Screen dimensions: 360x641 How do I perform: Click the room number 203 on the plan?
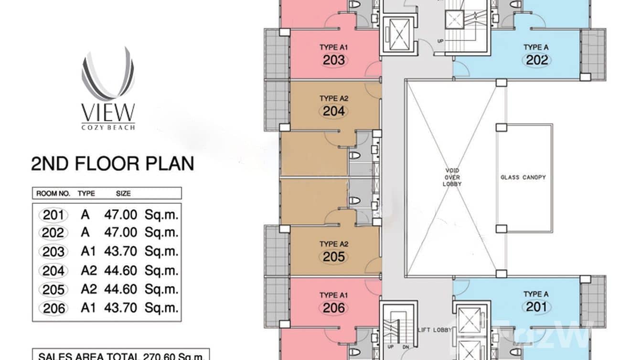click(x=334, y=60)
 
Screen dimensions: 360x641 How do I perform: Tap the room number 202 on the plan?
click(x=537, y=60)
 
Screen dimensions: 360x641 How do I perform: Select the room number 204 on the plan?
click(x=333, y=111)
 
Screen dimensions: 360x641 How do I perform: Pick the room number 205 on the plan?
click(x=333, y=257)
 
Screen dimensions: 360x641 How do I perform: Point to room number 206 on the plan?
click(x=333, y=308)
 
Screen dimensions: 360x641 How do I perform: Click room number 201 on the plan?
click(x=536, y=307)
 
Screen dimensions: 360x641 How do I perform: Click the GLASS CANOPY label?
click(x=523, y=177)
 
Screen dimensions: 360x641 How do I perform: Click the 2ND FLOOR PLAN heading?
click(x=112, y=164)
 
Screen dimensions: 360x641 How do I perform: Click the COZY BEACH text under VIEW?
click(x=108, y=127)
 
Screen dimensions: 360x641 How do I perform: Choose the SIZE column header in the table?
click(x=123, y=193)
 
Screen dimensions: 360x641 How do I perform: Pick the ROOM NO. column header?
click(x=53, y=193)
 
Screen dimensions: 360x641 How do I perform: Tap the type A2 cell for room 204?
click(x=89, y=271)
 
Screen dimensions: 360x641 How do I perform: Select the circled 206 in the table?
click(x=53, y=308)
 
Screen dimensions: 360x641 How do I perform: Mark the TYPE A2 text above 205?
click(x=334, y=244)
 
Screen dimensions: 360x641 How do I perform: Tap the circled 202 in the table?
click(x=53, y=233)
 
